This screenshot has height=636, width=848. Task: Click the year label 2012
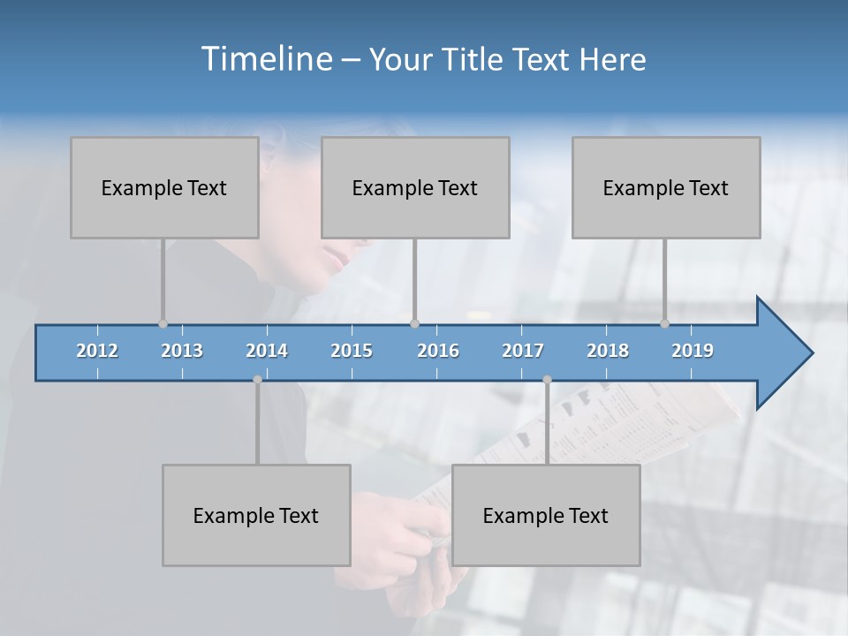97,351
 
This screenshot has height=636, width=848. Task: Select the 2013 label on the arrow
182,351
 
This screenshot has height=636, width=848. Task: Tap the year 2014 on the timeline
267,351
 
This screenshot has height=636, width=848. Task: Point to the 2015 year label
352,351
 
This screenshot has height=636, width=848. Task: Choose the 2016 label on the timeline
438,351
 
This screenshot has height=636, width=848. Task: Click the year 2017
523,351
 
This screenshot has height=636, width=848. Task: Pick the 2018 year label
608,351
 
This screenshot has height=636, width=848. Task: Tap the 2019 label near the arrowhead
693,351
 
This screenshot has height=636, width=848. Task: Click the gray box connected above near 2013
164,187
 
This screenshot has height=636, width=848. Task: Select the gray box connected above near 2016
415,187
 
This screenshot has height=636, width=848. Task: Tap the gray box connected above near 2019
666,187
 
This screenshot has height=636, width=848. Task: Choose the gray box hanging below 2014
256,515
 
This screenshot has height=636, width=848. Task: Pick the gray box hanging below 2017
546,515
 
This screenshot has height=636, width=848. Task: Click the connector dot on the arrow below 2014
257,380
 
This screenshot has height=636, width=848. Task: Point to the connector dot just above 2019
664,323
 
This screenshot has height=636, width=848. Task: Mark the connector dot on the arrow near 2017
547,380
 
